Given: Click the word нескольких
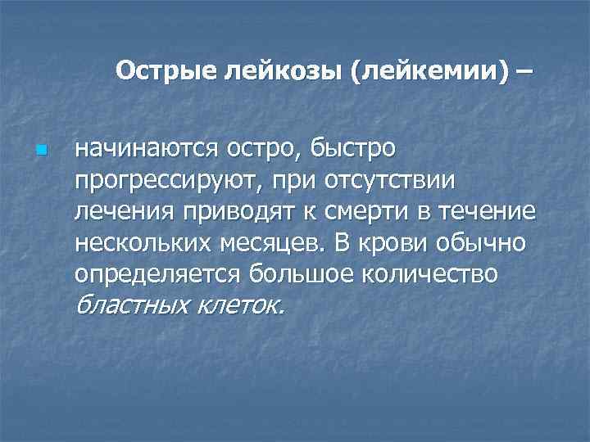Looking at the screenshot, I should click(144, 243).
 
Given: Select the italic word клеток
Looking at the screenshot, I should click(243, 305).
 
